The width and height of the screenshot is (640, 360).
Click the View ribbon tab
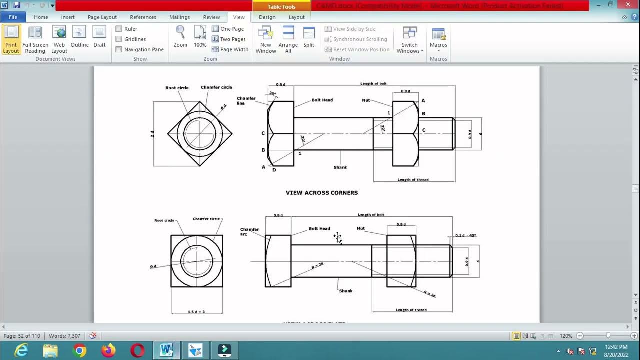(x=239, y=17)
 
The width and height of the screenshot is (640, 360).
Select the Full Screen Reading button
(x=35, y=40)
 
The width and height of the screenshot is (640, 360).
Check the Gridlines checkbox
(x=119, y=39)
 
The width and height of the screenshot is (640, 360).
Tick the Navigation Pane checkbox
(x=119, y=49)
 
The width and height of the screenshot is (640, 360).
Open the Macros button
(x=438, y=40)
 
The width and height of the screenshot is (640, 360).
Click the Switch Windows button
(x=410, y=40)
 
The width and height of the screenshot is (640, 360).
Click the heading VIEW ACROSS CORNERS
(x=321, y=193)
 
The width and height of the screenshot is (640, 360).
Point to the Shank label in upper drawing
(x=340, y=167)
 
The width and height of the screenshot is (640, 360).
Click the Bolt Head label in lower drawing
(x=319, y=229)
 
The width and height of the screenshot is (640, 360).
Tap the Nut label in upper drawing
(x=366, y=100)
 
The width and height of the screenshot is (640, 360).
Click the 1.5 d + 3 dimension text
(x=196, y=312)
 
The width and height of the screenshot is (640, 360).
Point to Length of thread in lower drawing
(x=411, y=310)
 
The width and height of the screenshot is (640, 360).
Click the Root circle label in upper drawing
(x=177, y=88)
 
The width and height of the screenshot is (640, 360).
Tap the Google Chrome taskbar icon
(x=79, y=351)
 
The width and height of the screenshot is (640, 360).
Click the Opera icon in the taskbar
(x=137, y=351)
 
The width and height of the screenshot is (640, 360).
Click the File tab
(x=13, y=17)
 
